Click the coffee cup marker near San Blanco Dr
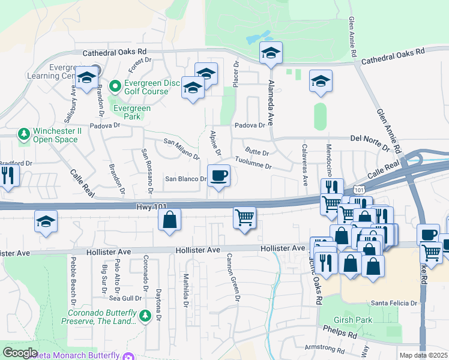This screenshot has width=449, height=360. pos(218,176)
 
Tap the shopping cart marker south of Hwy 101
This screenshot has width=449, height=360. pos(244,217)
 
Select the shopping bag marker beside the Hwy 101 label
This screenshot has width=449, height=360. pos(170,219)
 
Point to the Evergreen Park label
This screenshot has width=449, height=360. pos(132,112)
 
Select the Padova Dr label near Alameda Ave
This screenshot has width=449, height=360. pos(250,125)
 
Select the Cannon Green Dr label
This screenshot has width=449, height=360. pos(232,277)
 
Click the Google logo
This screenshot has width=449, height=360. pos(20,352)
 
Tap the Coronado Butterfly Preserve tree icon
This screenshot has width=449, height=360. pos(145,315)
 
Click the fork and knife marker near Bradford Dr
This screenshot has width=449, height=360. pos(8,176)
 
